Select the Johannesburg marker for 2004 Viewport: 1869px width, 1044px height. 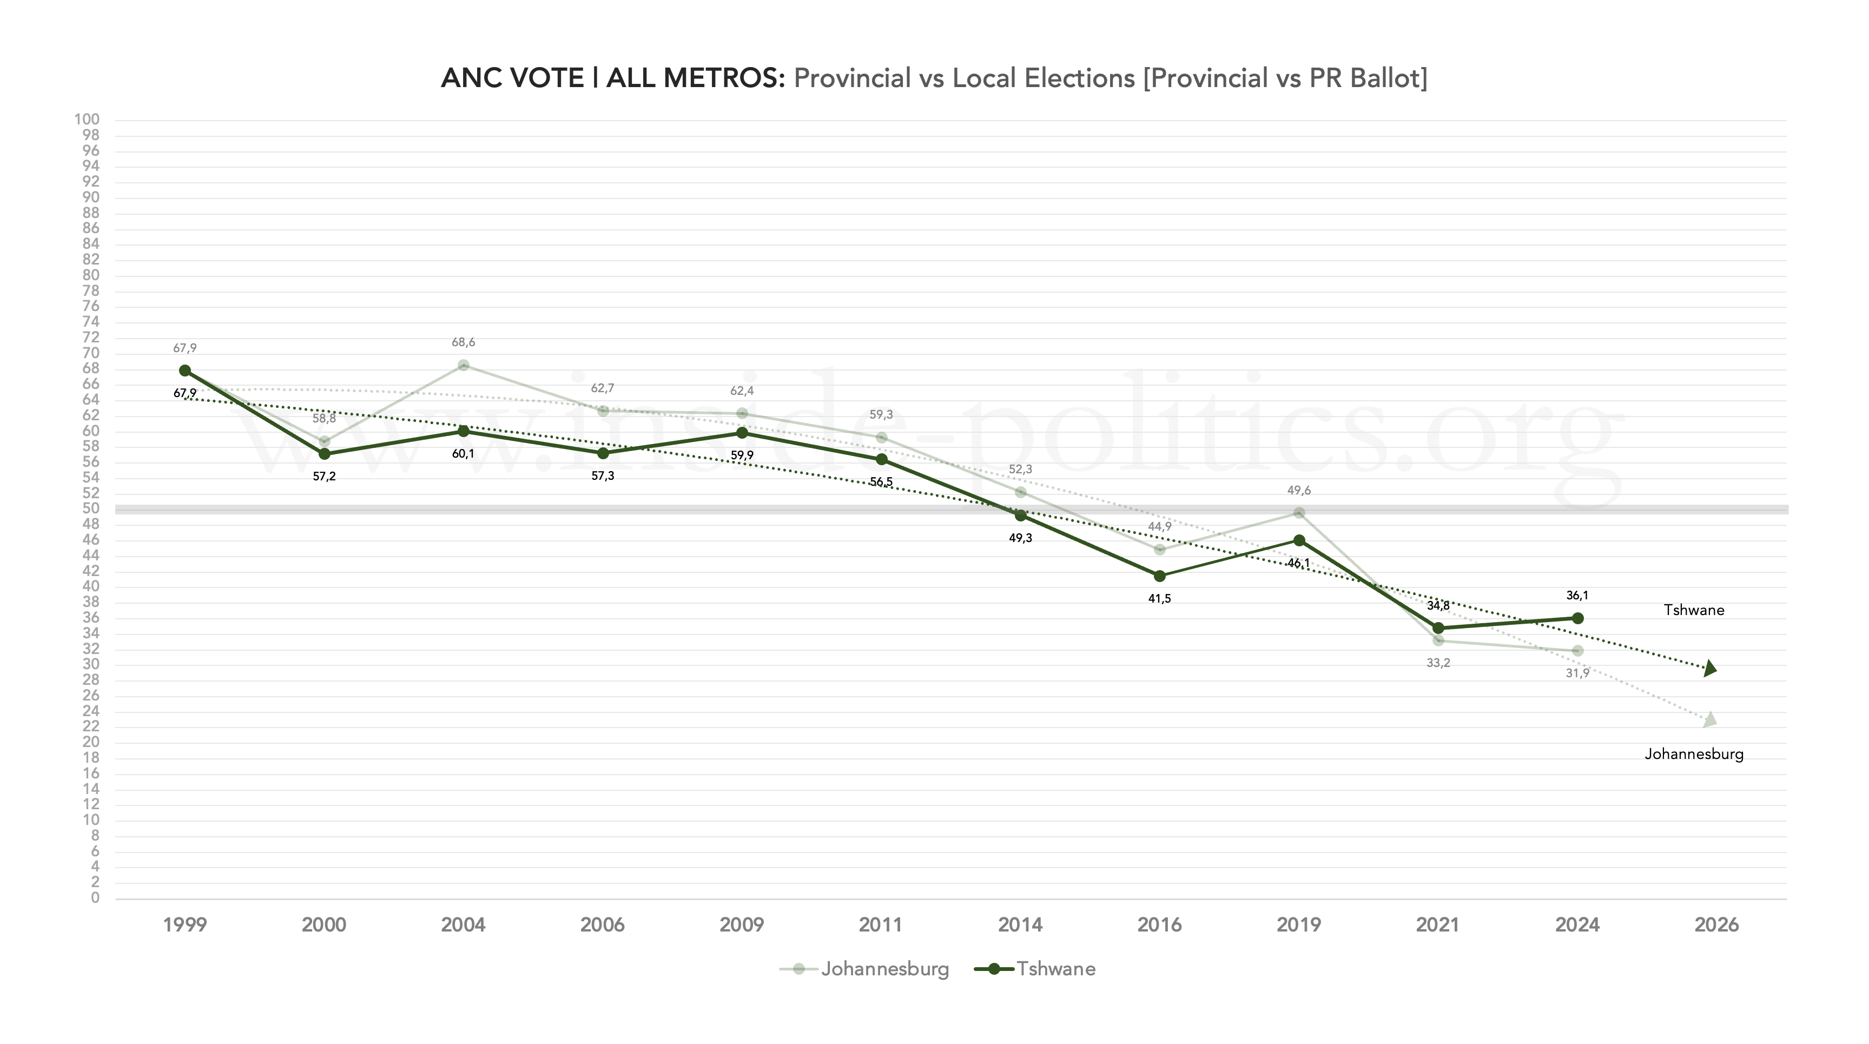(464, 365)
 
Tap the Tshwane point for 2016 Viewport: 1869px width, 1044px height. (1159, 576)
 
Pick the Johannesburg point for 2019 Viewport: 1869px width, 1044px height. (1299, 513)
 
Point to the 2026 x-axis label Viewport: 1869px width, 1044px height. (1716, 925)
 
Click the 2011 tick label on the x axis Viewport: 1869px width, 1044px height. (881, 925)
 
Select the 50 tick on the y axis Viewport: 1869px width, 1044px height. (90, 508)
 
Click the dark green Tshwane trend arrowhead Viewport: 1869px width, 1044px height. (1709, 668)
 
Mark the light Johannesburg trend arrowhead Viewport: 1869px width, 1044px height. (1709, 719)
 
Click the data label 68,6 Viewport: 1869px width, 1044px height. (464, 342)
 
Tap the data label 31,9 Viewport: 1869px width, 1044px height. (1577, 674)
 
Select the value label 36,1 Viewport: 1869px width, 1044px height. (1577, 596)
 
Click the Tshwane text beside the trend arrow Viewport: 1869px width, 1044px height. (1693, 610)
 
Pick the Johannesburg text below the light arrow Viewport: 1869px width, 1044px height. (1693, 755)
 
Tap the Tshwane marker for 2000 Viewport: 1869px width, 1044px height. (325, 454)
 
